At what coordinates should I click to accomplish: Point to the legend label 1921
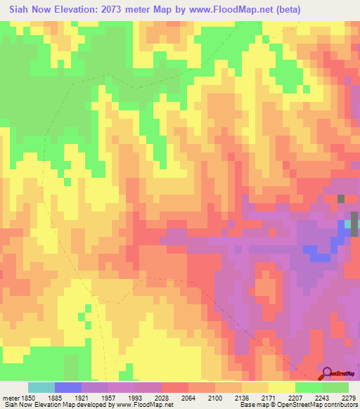pyautogui.click(x=82, y=398)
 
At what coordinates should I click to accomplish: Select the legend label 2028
pyautogui.click(x=161, y=398)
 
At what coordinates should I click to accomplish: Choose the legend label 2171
pyautogui.click(x=268, y=398)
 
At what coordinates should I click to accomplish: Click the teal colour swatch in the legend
pyautogui.click(x=41, y=387)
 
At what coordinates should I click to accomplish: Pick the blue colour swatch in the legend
pyautogui.click(x=68, y=387)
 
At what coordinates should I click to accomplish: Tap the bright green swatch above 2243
pyautogui.click(x=309, y=387)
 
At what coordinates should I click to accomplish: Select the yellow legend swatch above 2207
pyautogui.click(x=282, y=387)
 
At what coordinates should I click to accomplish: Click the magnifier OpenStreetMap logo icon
pyautogui.click(x=328, y=373)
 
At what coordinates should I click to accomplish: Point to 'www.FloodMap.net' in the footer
pyautogui.click(x=144, y=405)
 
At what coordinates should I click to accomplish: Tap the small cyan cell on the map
pyautogui.click(x=347, y=224)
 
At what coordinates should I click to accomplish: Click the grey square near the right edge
pyautogui.click(x=341, y=199)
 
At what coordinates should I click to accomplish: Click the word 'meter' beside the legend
pyautogui.click(x=9, y=398)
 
